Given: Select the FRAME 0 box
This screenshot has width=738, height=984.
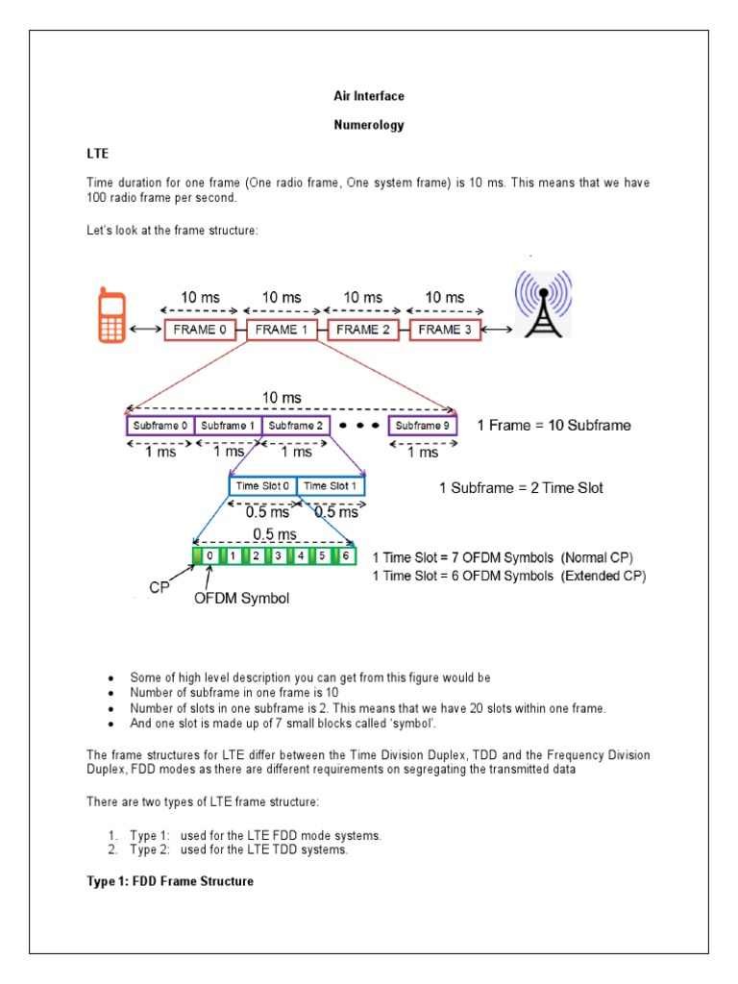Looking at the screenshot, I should [203, 330].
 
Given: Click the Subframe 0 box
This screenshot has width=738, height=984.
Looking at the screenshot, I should [160, 426].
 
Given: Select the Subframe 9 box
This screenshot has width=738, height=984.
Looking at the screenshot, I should [423, 426].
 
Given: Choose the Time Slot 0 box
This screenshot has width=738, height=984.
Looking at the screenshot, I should [262, 486].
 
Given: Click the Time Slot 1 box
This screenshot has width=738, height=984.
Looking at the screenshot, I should [331, 486].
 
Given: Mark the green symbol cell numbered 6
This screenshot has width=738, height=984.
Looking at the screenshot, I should [346, 555].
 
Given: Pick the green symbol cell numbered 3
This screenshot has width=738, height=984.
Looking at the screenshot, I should [278, 555].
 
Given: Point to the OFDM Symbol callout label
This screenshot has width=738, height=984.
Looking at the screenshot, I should [241, 598].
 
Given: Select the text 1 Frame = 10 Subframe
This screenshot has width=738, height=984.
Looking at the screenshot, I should [553, 426].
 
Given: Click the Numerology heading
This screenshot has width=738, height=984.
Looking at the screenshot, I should [368, 125].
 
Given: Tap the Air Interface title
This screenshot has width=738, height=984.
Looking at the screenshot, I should [368, 96].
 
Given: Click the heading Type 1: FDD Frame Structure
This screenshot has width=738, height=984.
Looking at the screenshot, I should [170, 881].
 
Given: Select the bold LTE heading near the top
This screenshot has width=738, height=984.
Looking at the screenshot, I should [99, 154].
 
